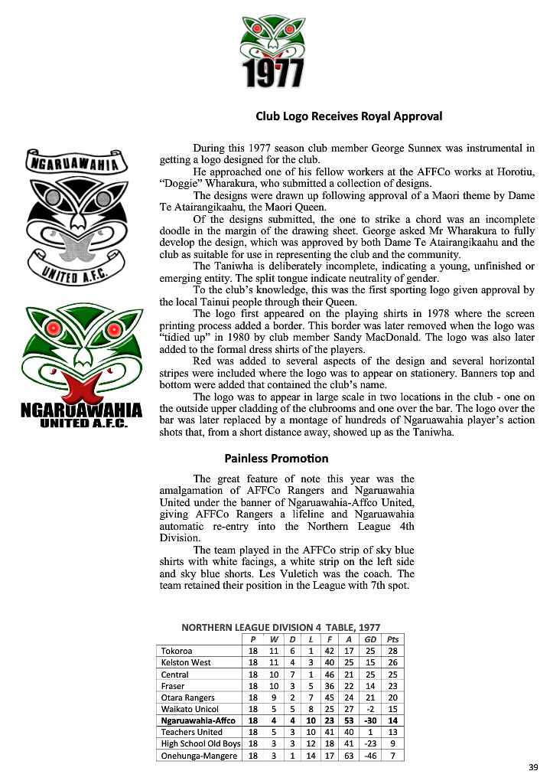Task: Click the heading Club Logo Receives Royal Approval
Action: pos(349,117)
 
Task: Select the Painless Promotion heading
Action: pos(276,459)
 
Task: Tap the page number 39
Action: pos(533,767)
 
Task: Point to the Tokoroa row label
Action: pos(177,651)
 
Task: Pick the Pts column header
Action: pos(392,639)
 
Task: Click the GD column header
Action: pos(370,639)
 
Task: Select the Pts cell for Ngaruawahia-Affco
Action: pos(392,720)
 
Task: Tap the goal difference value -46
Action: pos(370,756)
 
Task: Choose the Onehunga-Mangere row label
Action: pos(197,756)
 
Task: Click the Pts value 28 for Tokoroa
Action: pos(392,651)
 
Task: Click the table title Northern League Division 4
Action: pos(281,627)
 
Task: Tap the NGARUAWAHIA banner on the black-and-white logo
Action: pos(71,163)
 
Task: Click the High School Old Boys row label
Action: pos(200,743)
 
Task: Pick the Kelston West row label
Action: pos(186,662)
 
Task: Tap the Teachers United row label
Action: pos(191,732)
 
